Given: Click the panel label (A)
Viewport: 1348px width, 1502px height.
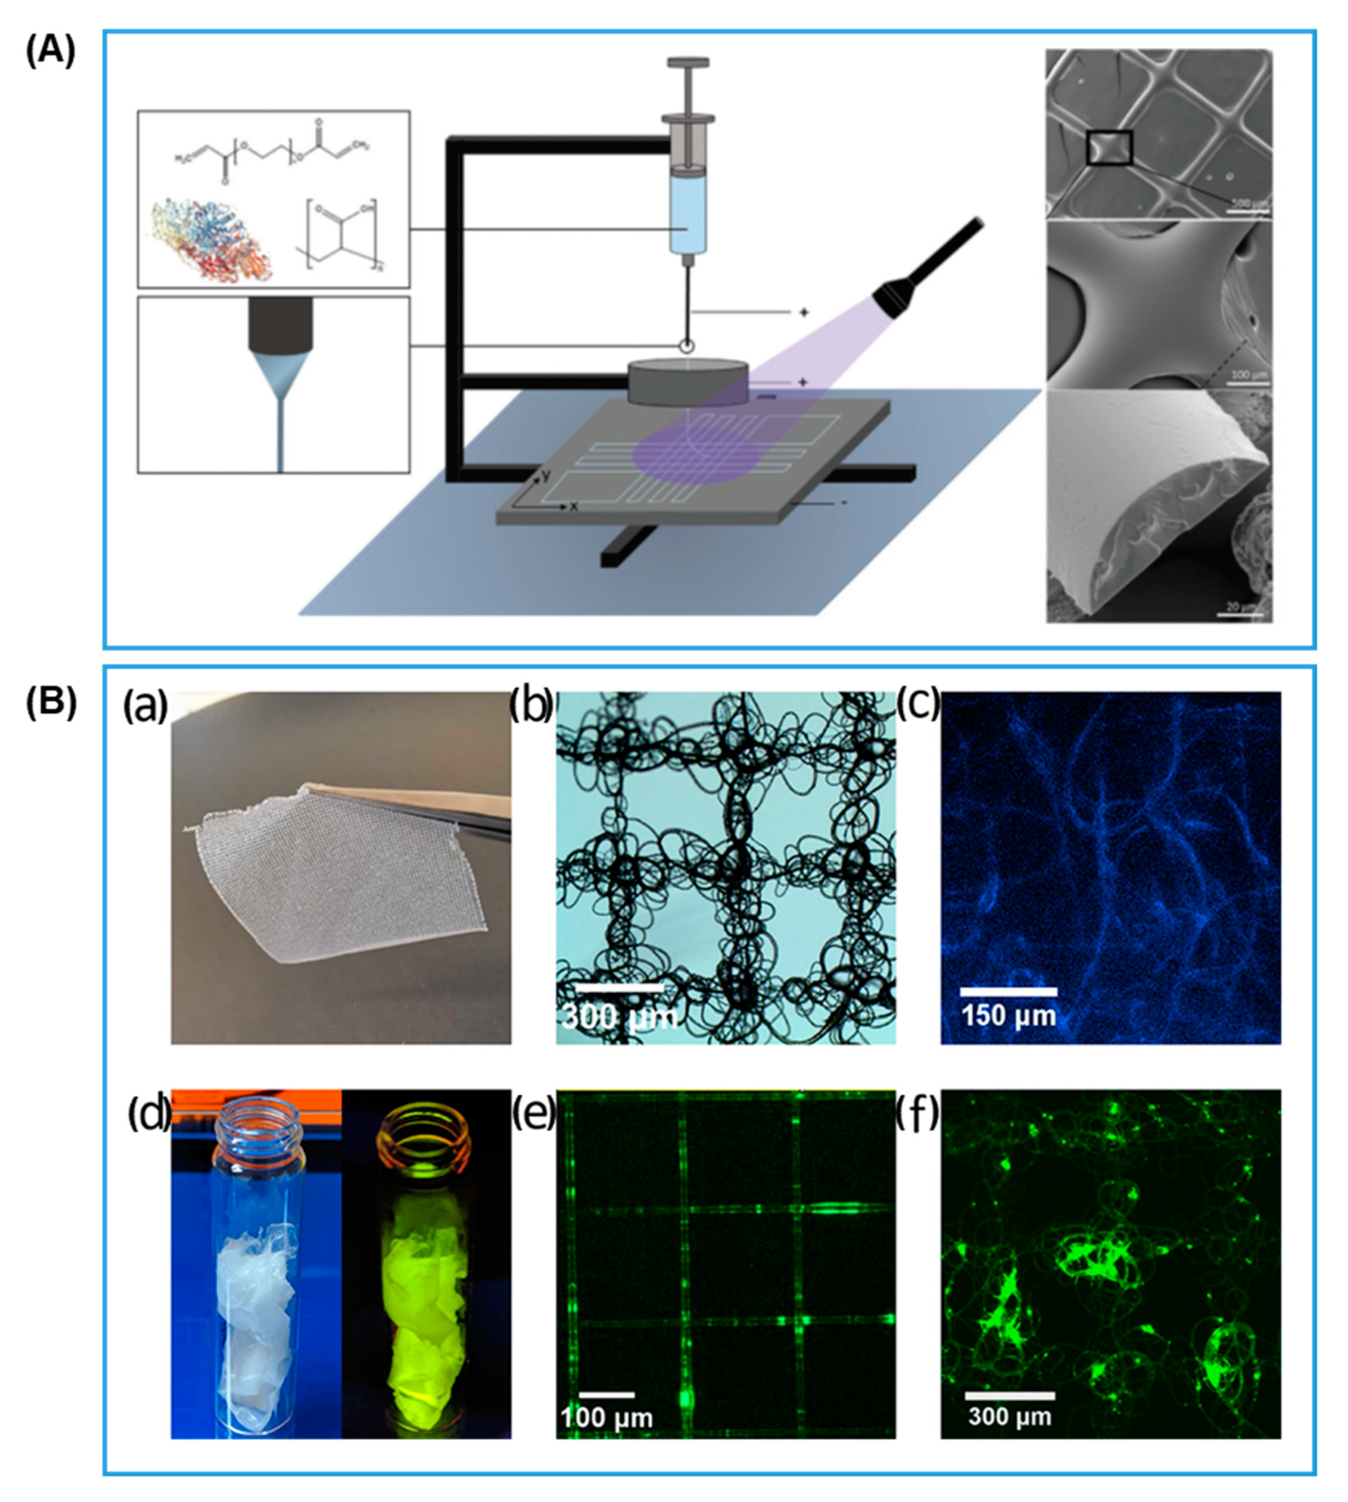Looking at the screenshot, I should [50, 53].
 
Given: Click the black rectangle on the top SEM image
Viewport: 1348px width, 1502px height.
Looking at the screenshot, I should [1109, 146].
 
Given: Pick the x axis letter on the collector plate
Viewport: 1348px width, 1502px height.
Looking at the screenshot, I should [573, 508].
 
